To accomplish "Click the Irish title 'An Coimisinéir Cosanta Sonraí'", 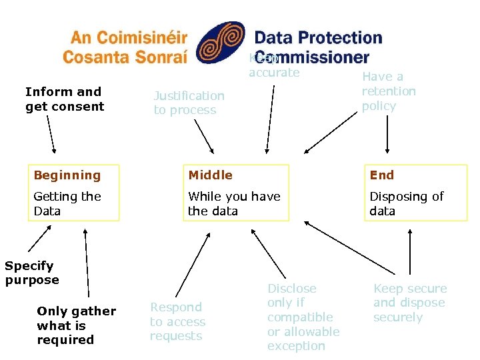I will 125,47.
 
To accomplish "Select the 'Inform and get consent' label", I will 65,99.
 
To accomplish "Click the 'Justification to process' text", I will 189,103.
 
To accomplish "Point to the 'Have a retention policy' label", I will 389,91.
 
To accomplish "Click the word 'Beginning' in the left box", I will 67,175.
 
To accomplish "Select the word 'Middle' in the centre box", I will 210,175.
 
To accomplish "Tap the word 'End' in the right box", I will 382,175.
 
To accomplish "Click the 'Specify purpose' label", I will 32,273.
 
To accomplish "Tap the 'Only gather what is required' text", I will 76,325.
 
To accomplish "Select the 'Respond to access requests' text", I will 177,321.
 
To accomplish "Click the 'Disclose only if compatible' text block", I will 303,317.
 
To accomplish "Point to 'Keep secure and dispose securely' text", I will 409,303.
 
